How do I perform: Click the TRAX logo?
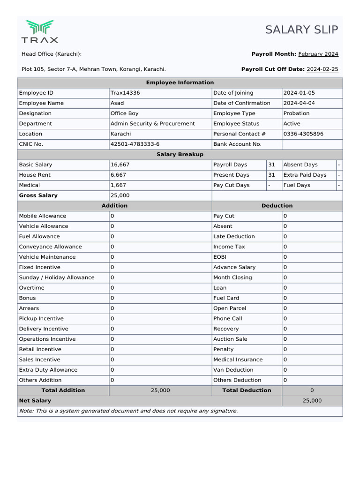(x=40, y=31)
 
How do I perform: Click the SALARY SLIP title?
(x=301, y=30)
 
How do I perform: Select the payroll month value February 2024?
(x=318, y=54)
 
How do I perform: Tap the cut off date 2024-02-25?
(x=322, y=69)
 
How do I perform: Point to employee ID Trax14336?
(x=125, y=93)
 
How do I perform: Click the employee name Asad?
(x=117, y=103)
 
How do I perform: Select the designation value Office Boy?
(x=124, y=113)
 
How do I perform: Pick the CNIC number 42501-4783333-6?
(x=135, y=144)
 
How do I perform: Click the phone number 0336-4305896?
(x=303, y=134)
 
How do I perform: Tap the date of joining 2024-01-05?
(x=299, y=93)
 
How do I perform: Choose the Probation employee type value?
(x=296, y=113)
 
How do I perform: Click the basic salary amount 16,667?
(x=120, y=165)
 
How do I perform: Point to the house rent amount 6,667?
(x=118, y=175)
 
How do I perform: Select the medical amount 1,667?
(x=118, y=185)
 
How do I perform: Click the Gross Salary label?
(x=38, y=195)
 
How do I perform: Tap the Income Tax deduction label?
(x=229, y=247)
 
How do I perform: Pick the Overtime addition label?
(x=32, y=288)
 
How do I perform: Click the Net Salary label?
(x=35, y=401)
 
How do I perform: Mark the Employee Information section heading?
(x=180, y=82)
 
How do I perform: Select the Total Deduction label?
(x=247, y=390)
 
